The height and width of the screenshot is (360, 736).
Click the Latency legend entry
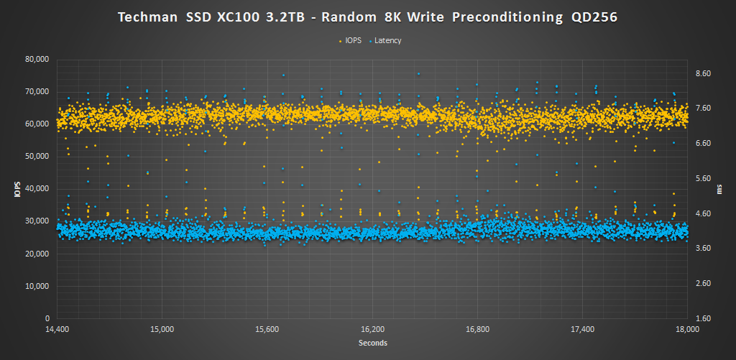click(388, 40)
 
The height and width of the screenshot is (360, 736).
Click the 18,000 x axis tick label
click(688, 330)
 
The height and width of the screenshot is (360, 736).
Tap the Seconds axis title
click(372, 343)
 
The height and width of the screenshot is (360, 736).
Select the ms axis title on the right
click(719, 188)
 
